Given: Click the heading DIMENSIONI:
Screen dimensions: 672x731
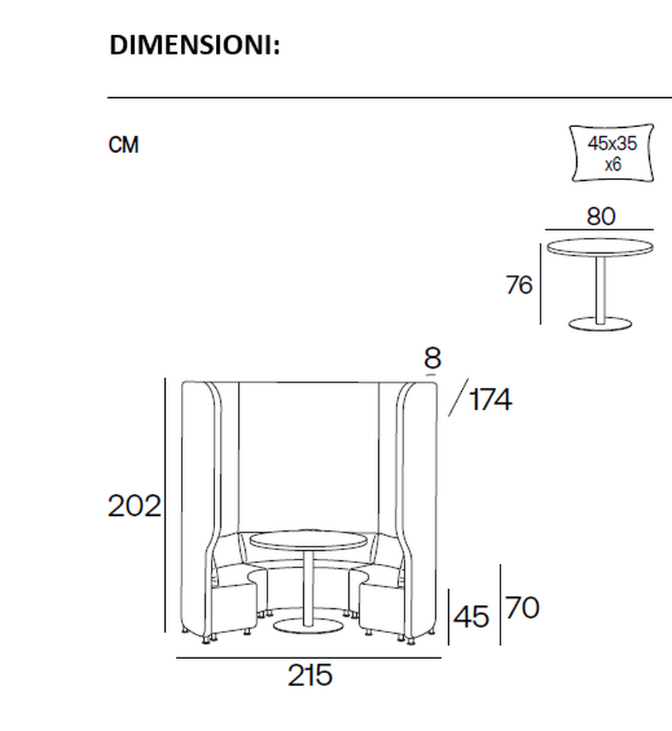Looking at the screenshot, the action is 194,46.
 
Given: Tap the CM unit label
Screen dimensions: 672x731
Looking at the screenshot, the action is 124,145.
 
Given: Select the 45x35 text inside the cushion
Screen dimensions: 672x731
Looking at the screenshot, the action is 612,144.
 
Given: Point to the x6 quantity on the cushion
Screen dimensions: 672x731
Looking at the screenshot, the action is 613,164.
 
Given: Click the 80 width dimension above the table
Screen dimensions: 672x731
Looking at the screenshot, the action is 601,217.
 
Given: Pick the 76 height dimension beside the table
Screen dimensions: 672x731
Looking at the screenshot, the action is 519,285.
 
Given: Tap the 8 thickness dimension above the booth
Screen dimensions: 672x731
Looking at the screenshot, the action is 433,359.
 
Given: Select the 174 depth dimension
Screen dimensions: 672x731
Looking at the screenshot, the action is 490,399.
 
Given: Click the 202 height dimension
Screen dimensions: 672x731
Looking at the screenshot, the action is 134,506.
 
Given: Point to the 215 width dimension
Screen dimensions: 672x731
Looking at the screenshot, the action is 310,675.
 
